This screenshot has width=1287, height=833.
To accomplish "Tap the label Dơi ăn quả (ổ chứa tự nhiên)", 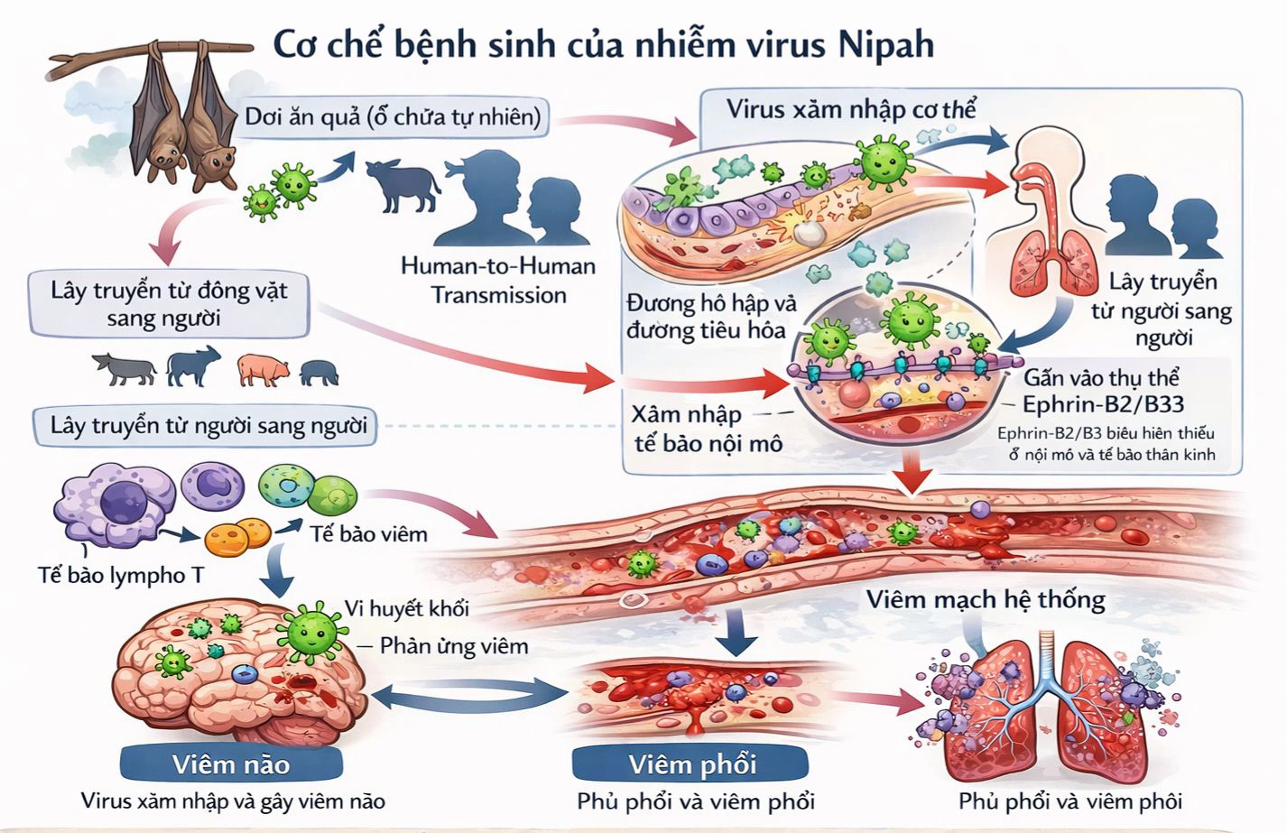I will pos(394,117).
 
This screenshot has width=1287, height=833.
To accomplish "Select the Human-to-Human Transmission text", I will pos(498,281).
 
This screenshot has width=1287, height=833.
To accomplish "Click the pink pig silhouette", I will pos(263,369).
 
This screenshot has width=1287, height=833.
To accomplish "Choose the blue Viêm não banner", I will pos(231,764).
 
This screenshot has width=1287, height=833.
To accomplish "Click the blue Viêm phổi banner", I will pos(691,764).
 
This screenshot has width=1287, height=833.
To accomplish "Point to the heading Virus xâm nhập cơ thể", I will pos(851,110).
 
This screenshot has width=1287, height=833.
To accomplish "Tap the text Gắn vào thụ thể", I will pos(1101,377).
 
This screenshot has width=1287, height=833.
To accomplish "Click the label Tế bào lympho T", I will pos(121,574).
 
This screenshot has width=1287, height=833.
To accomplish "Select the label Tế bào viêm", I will pos(368,533).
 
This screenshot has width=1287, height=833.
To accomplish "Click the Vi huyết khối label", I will pos(407,608).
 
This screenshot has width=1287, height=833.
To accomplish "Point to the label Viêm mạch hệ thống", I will pos(986,599).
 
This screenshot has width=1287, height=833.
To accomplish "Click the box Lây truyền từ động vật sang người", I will pos(169,304).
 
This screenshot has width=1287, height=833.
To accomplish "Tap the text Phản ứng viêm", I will pos(453,645).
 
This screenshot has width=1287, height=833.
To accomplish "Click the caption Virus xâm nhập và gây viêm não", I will pos(233,801).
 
